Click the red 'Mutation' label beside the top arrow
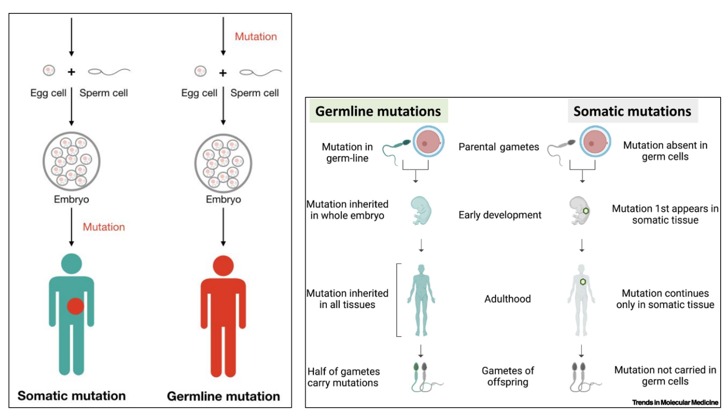[x=255, y=37]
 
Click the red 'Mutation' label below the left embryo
[x=103, y=227]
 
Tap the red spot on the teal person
[x=75, y=306]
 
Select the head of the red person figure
[x=223, y=266]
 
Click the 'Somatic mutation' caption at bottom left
[x=71, y=396]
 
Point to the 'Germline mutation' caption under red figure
[x=223, y=396]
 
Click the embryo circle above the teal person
[x=71, y=161]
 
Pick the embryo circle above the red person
[x=223, y=163]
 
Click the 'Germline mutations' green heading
[x=378, y=111]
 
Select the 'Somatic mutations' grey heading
[x=632, y=111]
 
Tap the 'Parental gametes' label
[x=499, y=147]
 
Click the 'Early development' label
[x=500, y=215]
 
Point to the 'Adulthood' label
[x=507, y=299]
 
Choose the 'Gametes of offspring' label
[x=507, y=376]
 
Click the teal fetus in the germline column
[x=421, y=210]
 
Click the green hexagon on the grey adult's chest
[x=583, y=282]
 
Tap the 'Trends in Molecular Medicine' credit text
[x=675, y=402]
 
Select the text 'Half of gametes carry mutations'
[x=344, y=377]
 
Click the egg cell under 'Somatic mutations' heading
[x=596, y=143]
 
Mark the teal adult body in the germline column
[x=421, y=299]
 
